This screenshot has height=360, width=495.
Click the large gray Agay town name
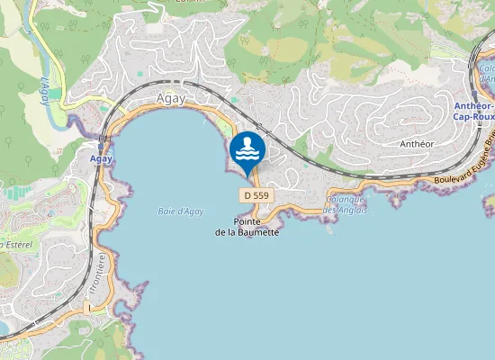[170, 100]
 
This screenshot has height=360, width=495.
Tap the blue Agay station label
[101, 158]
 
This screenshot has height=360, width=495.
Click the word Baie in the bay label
[156, 211]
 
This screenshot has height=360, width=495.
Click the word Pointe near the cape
[248, 221]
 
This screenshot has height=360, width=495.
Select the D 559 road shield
[256, 195]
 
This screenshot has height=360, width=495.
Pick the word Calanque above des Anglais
[344, 200]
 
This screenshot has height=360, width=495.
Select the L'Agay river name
[42, 89]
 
